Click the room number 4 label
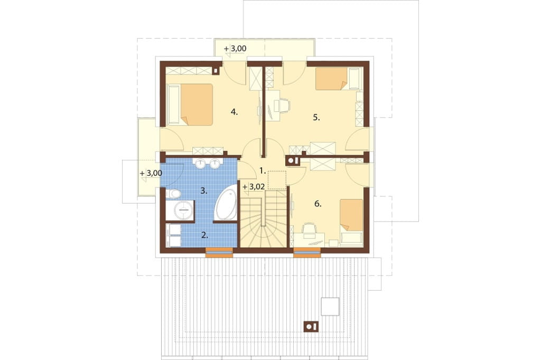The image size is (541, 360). coord(234,112)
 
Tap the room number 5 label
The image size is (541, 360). coord(316,118)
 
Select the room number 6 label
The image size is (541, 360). coord(318,204)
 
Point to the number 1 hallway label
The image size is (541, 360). coord(263,170)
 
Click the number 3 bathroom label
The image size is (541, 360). coord(204,191)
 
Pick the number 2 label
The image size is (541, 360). coord(204,235)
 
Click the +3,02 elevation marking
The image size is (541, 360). coord(254,187)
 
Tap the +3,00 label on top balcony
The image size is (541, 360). coord(235,49)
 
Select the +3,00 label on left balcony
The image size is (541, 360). coord(151,173)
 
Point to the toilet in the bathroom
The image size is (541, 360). coord(173,194)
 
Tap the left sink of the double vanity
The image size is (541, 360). coord(201,164)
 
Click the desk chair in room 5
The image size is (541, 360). coord(284,105)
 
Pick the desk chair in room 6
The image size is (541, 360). coord(309,230)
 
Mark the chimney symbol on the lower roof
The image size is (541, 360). coord(311,326)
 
